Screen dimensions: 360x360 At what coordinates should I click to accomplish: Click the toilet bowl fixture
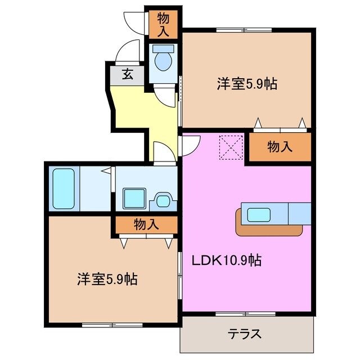coord(163,61)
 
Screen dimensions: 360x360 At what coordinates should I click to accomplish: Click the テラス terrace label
coord(245,334)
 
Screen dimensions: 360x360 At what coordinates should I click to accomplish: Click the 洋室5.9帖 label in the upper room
coord(246,84)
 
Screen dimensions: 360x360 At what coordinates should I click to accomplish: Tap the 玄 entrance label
coord(128,74)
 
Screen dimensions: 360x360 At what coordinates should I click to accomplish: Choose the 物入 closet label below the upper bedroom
coord(280,147)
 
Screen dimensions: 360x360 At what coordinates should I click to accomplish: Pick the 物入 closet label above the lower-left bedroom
coord(146,224)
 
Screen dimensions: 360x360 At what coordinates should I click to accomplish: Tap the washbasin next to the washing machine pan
coord(164,199)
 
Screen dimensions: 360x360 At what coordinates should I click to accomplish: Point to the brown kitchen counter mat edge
coord(270,230)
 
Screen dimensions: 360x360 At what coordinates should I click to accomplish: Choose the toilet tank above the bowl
coord(163,49)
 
